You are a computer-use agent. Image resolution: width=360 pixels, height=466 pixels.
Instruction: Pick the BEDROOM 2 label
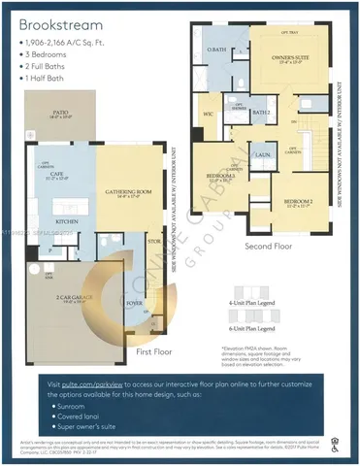[x=296, y=201]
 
